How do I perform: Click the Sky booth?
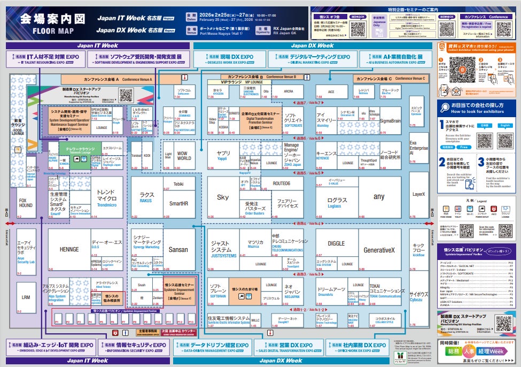[223, 197]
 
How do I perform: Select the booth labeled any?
[379, 197]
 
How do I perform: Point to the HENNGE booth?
[69, 249]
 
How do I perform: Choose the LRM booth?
[26, 297]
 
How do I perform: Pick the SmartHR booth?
[179, 204]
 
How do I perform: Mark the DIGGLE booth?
[336, 243]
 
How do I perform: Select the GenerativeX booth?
[379, 250]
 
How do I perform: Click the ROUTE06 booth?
[281, 183]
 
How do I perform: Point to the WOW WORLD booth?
[184, 156]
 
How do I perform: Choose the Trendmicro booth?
[107, 198]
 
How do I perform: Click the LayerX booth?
[418, 195]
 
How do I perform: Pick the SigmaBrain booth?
[390, 121]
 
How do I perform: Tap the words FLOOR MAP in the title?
[52, 30]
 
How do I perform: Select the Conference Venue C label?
[391, 79]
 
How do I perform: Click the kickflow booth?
[418, 250]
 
